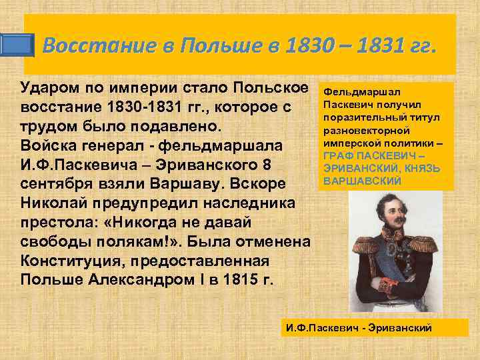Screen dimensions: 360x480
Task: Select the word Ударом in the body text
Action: (x=53, y=89)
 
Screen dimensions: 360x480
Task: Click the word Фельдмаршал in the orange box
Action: (x=353, y=91)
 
